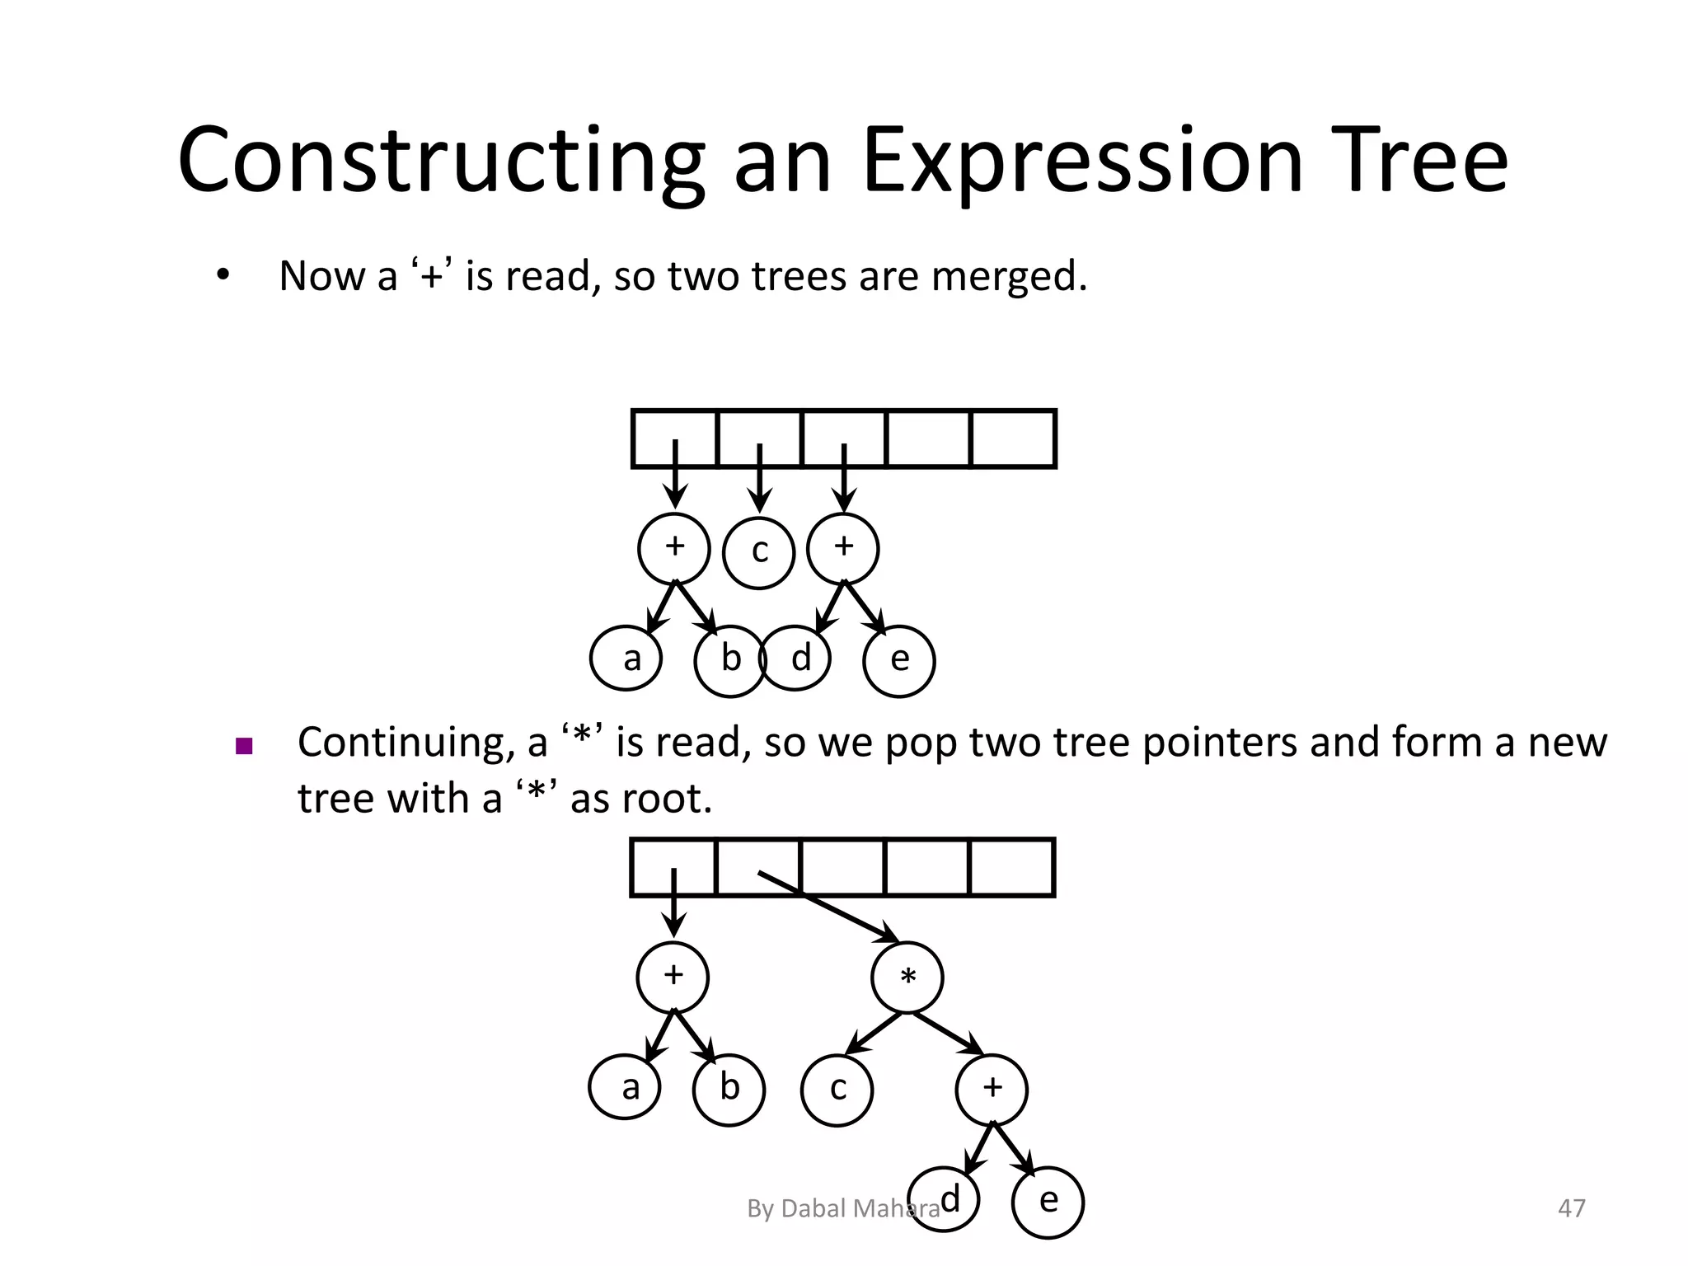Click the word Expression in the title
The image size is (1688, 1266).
tap(1081, 161)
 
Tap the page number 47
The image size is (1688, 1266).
tap(1571, 1208)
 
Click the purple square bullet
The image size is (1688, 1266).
tap(243, 747)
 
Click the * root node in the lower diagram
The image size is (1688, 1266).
tap(907, 978)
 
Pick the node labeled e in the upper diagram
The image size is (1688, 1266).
tap(898, 661)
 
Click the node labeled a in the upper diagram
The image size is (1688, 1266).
tap(626, 659)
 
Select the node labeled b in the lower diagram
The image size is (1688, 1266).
tap(729, 1090)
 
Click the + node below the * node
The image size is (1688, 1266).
tap(992, 1089)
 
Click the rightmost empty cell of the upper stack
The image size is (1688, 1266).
tap(1013, 438)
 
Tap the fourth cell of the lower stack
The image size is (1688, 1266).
tap(926, 867)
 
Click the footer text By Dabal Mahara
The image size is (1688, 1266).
tap(842, 1208)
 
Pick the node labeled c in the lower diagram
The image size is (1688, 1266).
tap(837, 1090)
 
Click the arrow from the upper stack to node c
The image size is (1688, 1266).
tap(760, 478)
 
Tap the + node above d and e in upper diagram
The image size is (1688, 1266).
tap(842, 548)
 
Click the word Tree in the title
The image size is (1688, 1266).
tap(1430, 161)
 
